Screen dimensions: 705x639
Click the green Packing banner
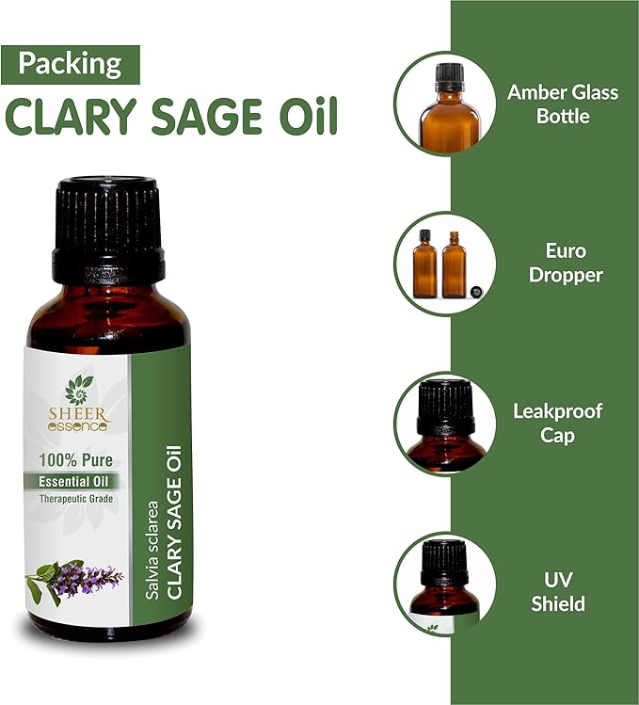tap(72, 64)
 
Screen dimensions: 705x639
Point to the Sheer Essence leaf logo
tap(80, 389)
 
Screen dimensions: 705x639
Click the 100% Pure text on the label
tap(77, 463)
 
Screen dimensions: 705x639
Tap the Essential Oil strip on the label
tap(77, 482)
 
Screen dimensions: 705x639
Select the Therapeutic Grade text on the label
tap(77, 498)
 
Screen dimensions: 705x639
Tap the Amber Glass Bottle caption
tap(549, 104)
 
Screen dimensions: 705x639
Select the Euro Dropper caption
tap(566, 264)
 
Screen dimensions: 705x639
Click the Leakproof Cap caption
tap(558, 423)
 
